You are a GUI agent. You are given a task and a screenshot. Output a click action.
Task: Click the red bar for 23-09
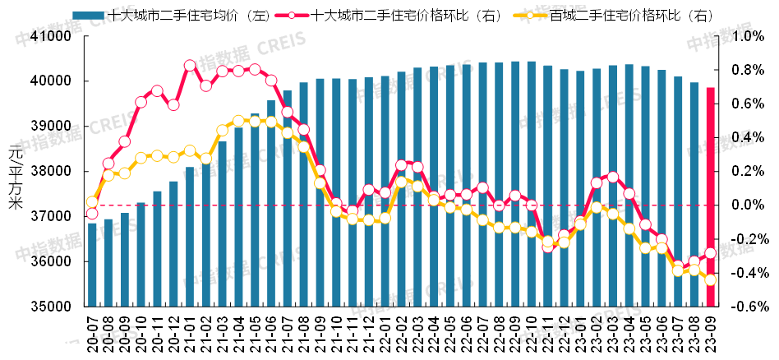pos(710,197)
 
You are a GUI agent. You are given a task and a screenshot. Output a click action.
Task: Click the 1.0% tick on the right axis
pos(749,37)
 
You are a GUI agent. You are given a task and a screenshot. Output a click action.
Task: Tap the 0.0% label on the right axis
pos(749,205)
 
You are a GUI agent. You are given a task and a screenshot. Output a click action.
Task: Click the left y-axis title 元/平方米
pos(14,176)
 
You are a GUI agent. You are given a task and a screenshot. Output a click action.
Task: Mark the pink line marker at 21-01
pos(190,66)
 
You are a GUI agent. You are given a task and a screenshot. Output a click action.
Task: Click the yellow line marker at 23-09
pos(710,279)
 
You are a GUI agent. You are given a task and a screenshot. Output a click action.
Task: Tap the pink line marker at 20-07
pos(92,214)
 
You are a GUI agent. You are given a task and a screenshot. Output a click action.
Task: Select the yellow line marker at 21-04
pos(238,121)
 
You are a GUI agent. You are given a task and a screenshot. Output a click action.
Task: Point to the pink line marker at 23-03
pos(612,177)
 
